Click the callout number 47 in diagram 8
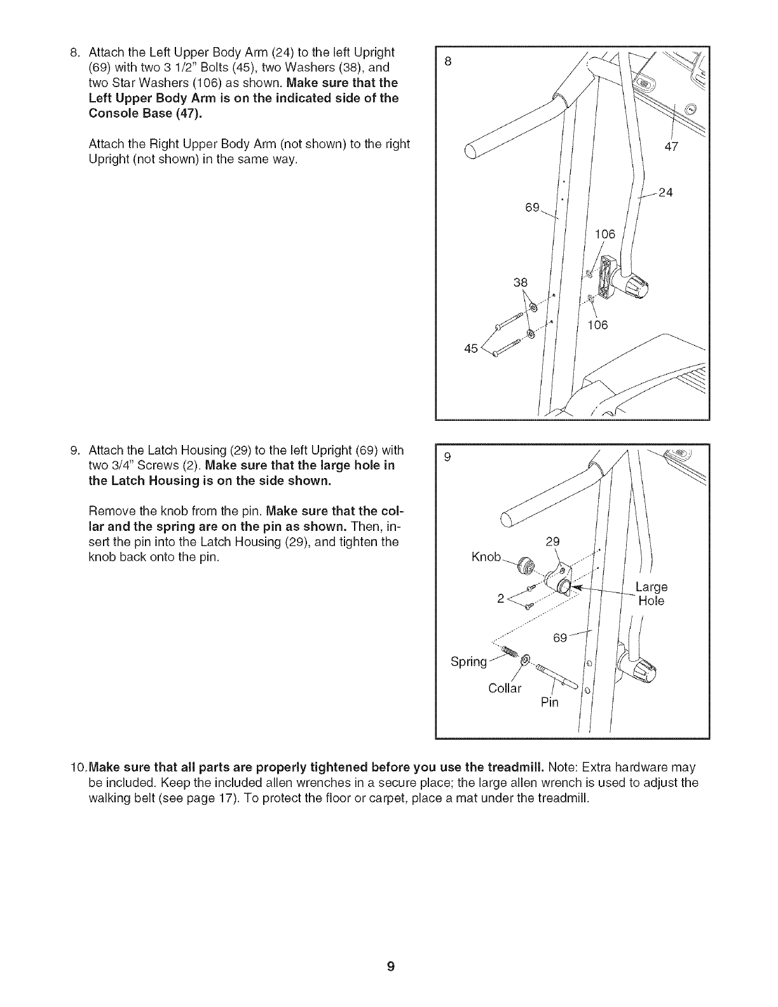pos(672,147)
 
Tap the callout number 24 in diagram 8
pos(665,193)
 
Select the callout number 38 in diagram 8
pos(521,282)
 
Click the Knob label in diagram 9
pos(486,557)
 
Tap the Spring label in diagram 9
pos(468,661)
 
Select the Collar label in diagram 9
pos(505,688)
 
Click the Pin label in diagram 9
pos(549,702)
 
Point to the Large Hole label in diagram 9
pos(651,593)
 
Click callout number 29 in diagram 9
pos(553,542)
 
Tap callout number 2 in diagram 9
pos(500,598)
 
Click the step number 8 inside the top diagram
pos(448,62)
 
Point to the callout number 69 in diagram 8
pos(532,207)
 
